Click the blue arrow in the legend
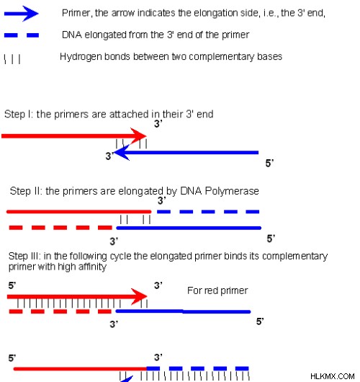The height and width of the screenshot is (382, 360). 22,14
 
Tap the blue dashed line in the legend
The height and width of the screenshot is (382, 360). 22,35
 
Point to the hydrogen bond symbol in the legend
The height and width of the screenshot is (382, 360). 12,59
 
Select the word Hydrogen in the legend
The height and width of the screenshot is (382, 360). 81,57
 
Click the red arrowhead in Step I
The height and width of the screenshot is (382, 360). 138,136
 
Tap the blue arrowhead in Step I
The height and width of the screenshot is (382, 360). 122,153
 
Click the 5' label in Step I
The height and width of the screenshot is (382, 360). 269,163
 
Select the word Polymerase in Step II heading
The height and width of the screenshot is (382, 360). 232,191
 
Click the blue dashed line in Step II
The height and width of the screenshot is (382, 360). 208,212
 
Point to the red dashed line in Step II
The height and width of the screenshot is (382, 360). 60,228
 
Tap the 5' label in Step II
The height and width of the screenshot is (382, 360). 271,239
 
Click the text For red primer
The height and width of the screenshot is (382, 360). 217,290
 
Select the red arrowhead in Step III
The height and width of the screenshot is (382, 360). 139,296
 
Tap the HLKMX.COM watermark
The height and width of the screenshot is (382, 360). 333,376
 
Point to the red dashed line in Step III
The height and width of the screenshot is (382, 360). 60,311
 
